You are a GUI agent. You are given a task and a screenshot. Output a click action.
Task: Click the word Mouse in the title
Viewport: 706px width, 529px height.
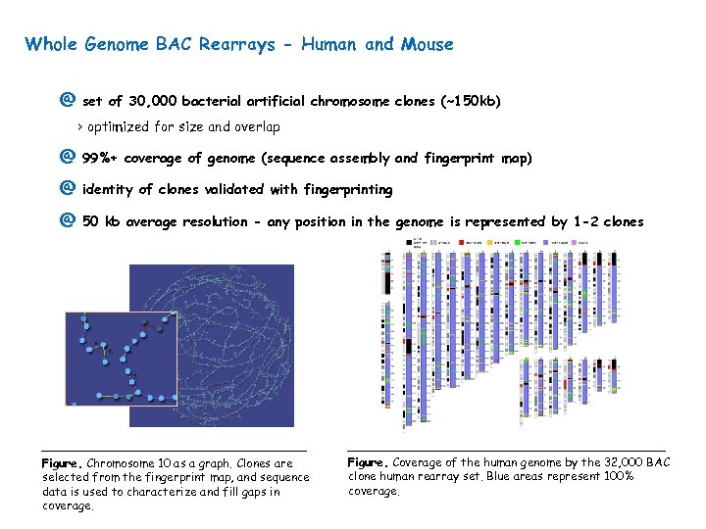(x=426, y=44)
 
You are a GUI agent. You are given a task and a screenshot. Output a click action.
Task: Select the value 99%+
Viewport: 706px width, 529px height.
(x=100, y=158)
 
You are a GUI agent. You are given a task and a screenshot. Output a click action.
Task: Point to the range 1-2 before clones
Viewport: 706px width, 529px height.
(x=585, y=221)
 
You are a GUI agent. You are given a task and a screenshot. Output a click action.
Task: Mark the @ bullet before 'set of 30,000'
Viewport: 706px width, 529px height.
(x=67, y=101)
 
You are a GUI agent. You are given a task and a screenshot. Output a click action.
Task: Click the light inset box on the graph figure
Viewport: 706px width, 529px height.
(x=120, y=358)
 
